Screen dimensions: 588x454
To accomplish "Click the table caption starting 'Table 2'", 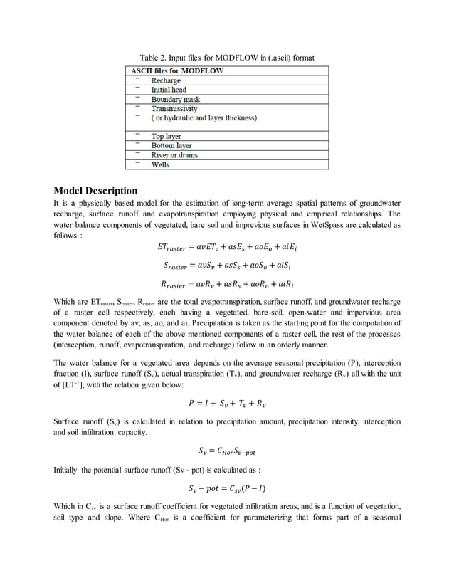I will [x=226, y=58].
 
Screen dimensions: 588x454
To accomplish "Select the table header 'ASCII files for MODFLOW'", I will [x=177, y=71].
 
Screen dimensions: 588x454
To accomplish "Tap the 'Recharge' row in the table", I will [x=166, y=81].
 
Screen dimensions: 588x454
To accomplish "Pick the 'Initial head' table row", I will [x=169, y=90].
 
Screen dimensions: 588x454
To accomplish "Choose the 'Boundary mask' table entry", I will [x=175, y=100].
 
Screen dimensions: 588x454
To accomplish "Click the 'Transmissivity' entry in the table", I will [x=174, y=109].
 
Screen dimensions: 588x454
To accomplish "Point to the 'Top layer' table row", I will [x=166, y=136].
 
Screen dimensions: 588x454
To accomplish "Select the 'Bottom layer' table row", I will [x=171, y=145].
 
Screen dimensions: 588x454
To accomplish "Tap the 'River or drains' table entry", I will [x=174, y=154].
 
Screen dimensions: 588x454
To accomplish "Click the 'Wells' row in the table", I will [x=160, y=164].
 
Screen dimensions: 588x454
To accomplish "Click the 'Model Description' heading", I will [x=96, y=191].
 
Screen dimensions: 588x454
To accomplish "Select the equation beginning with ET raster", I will [x=227, y=248].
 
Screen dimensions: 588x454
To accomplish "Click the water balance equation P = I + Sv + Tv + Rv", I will [x=227, y=404].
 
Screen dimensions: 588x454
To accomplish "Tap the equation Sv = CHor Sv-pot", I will [x=227, y=450].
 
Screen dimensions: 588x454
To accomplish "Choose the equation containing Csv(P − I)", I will [x=227, y=488].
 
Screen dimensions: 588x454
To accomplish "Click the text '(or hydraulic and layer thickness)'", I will [x=204, y=118].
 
